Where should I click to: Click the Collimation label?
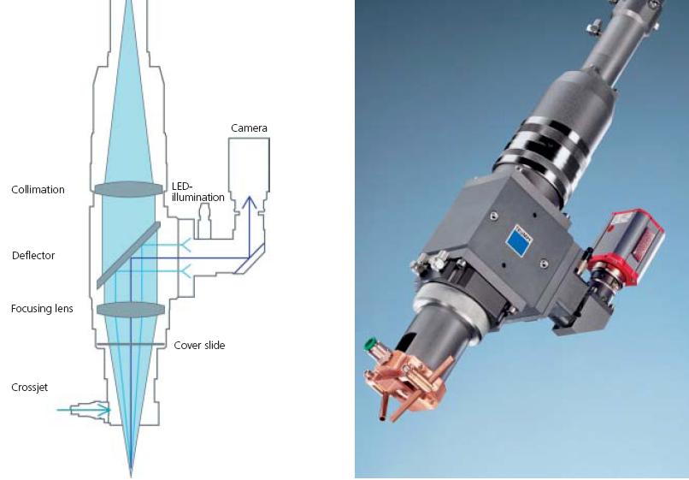[38, 190]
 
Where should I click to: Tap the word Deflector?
[33, 256]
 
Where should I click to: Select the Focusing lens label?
[42, 308]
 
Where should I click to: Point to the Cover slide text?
[199, 346]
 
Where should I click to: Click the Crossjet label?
[29, 388]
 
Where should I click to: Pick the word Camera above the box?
[249, 128]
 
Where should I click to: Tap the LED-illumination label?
[197, 192]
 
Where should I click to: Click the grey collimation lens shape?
[129, 189]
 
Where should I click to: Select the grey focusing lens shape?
[131, 309]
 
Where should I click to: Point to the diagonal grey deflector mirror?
[128, 255]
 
